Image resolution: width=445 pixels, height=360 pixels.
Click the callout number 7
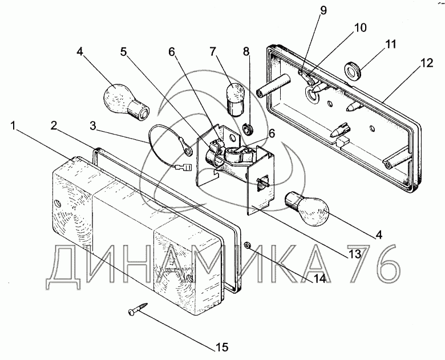213,52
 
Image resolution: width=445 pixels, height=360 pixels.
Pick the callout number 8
247,51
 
